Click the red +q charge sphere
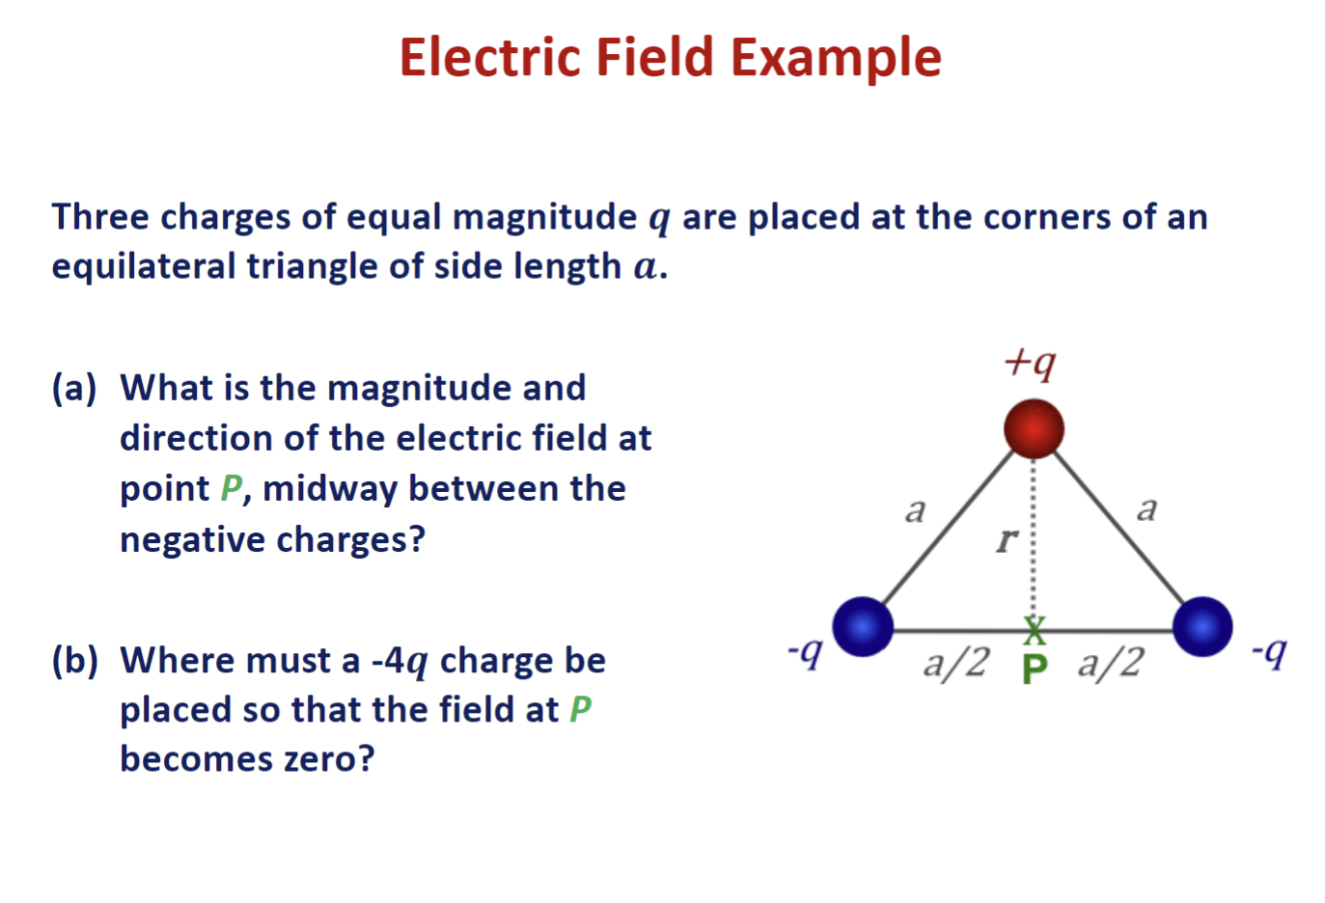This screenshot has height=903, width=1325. pos(1034,428)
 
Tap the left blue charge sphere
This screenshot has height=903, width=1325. pos(862,626)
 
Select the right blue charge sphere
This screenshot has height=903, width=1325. pos(1202,626)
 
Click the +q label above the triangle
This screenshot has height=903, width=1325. pos(1030,363)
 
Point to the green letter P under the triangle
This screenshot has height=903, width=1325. pos(1035,668)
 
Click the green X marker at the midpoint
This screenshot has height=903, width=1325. pos(1035,631)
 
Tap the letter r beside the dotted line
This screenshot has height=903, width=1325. pos(1007,539)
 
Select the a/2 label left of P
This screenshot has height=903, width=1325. pos(955,663)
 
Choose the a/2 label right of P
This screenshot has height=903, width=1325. pos(1111,663)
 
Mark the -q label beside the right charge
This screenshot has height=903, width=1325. pos(1268,653)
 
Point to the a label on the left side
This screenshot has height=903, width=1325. pos(915,509)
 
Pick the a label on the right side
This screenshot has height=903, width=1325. pos(1146,507)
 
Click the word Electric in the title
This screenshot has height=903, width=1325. pos(491,57)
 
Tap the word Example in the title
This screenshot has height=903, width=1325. pos(836,59)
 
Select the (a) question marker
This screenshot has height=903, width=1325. pos(74,388)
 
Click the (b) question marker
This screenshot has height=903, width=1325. pos(75,661)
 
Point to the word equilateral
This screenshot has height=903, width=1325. pos(144,266)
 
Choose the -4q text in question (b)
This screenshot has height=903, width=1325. pos(399,662)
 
